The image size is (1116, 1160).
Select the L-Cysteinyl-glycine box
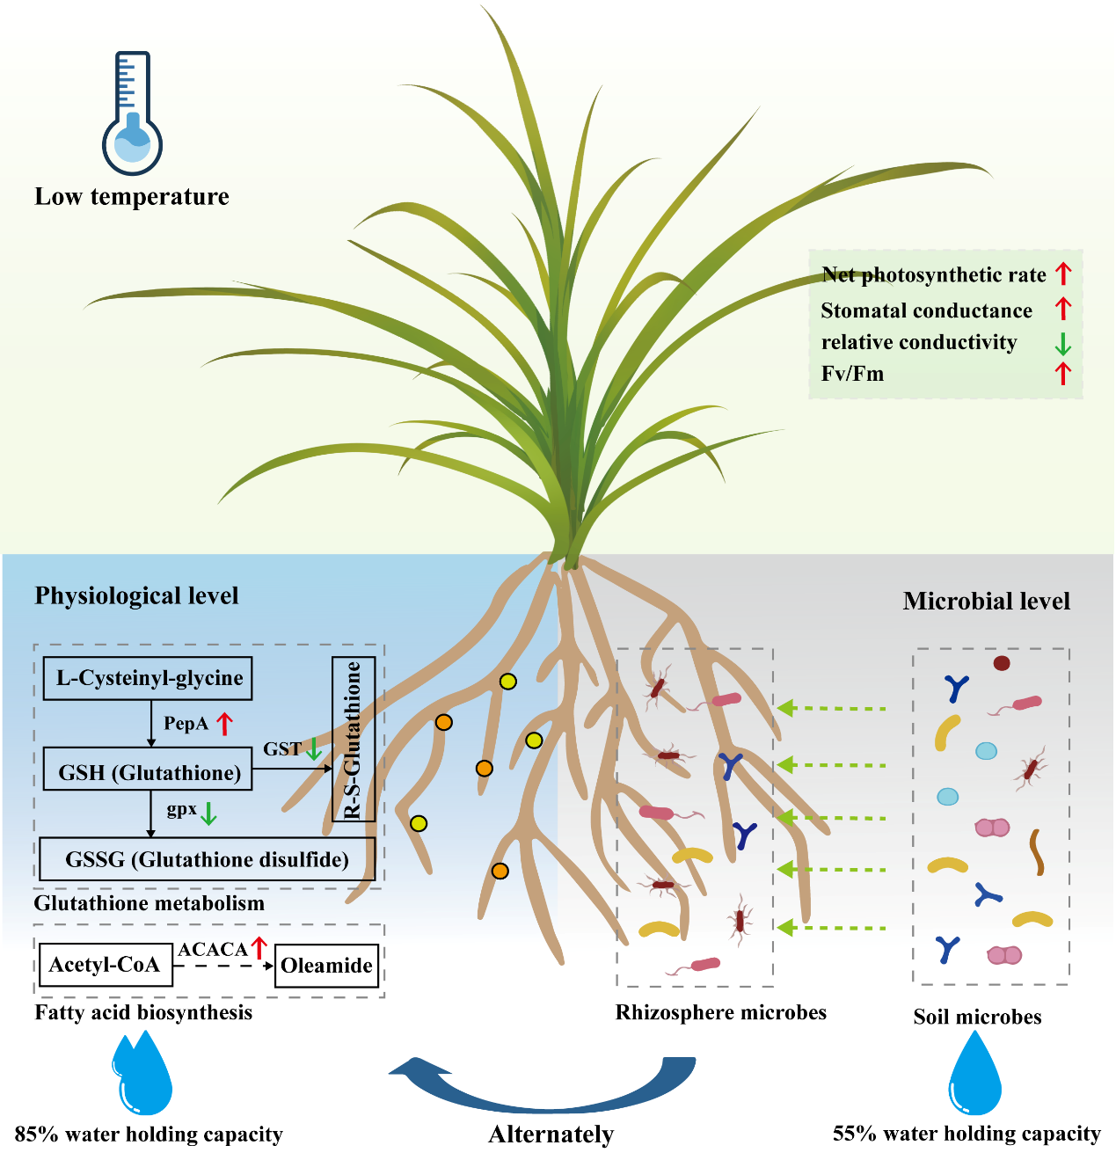[x=149, y=678]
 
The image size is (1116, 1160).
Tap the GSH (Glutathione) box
[x=149, y=773]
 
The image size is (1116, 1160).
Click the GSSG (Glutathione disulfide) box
[x=208, y=859]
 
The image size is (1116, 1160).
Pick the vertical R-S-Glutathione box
[x=354, y=739]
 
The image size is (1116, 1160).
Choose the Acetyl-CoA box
[x=105, y=965]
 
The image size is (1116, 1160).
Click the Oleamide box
[x=326, y=966]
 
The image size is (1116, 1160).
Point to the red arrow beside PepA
[x=225, y=724]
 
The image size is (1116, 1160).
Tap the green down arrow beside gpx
[x=208, y=813]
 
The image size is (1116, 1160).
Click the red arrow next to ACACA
[x=259, y=948]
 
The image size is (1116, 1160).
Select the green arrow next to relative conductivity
[x=1063, y=343]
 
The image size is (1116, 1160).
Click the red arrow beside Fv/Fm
[x=1063, y=374]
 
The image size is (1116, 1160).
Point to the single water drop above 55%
[x=975, y=1076]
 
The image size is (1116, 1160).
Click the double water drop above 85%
[x=142, y=1075]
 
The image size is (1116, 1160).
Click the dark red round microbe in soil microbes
[x=1002, y=663]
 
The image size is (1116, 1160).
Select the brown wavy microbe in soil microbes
[x=1037, y=852]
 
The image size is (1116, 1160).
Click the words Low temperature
[x=132, y=197]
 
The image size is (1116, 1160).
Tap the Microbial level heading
[x=986, y=602]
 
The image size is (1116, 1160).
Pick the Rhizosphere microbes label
[x=721, y=1012]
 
